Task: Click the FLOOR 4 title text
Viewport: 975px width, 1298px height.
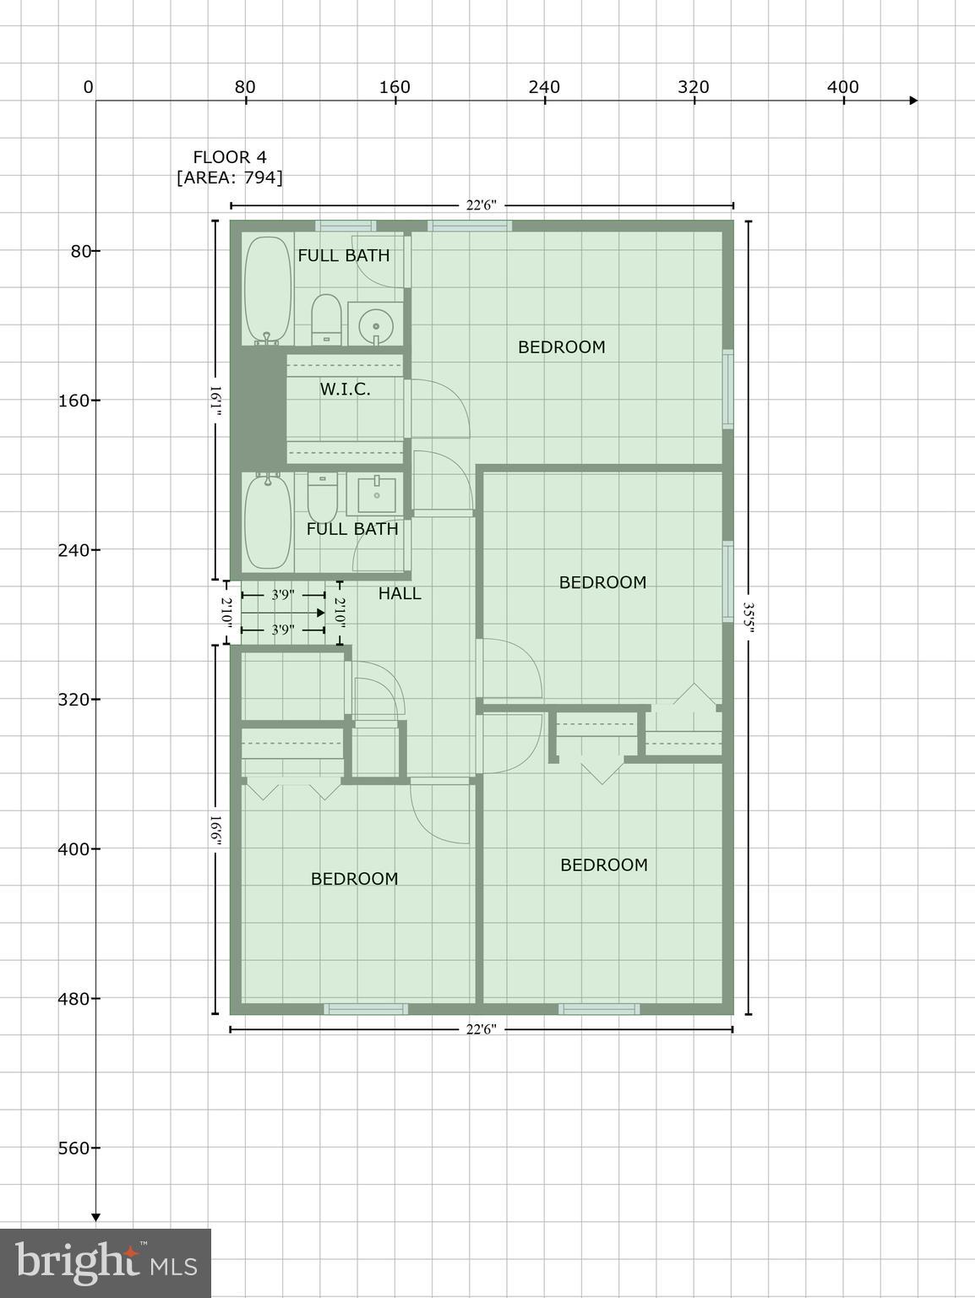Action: click(230, 157)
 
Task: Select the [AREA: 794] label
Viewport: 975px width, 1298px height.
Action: click(230, 177)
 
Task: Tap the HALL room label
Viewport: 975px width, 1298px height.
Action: click(400, 593)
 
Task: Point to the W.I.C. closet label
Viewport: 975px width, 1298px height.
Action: click(345, 389)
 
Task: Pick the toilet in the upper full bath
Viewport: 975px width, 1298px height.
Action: click(326, 319)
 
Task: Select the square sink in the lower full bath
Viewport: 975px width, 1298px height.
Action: click(376, 495)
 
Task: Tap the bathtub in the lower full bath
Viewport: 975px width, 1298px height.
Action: click(267, 521)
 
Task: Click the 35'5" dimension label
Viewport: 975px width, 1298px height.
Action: click(748, 618)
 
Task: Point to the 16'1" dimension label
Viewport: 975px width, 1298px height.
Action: click(215, 401)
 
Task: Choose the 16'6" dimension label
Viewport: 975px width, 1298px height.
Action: click(215, 831)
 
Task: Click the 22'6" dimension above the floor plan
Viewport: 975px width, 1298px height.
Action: click(482, 205)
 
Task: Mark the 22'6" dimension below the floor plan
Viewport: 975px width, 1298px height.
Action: click(482, 1029)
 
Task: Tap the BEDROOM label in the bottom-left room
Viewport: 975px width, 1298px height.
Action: click(354, 879)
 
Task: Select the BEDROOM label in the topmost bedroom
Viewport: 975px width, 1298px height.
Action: click(561, 346)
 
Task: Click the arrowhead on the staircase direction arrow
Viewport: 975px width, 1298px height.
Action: click(320, 613)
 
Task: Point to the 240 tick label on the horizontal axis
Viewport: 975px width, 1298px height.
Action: click(544, 87)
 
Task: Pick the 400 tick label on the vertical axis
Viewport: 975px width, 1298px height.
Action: click(74, 848)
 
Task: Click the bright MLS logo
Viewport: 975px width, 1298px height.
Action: click(105, 1263)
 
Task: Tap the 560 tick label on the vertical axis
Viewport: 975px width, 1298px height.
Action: click(74, 1148)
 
